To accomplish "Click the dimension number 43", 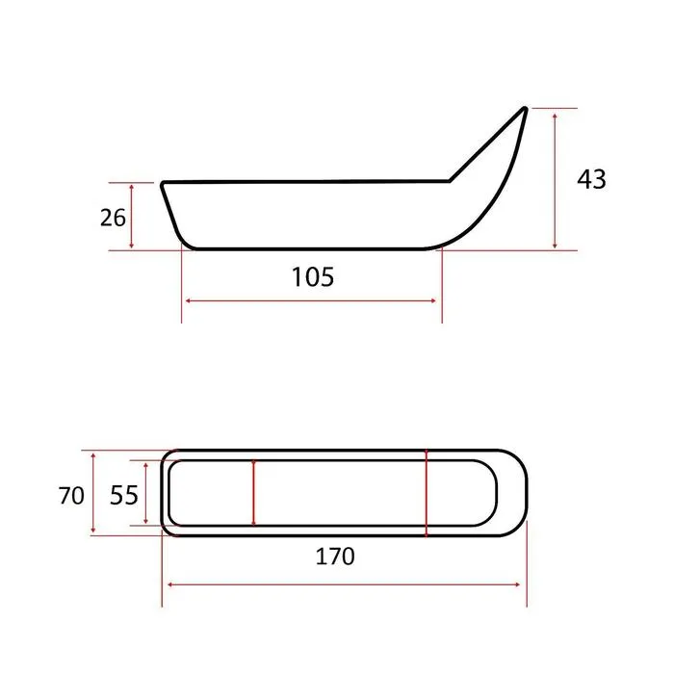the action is [x=591, y=179].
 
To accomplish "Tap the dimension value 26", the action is [x=113, y=218].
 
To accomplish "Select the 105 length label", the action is [x=313, y=277].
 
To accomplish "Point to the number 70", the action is [x=71, y=496].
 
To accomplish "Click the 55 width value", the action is [x=124, y=495].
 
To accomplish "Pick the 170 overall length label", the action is [x=335, y=557].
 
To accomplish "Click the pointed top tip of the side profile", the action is [x=525, y=108].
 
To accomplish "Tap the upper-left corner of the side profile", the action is [x=163, y=184].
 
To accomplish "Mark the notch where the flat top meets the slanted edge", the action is [x=450, y=181].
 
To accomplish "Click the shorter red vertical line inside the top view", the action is [x=253, y=493].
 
